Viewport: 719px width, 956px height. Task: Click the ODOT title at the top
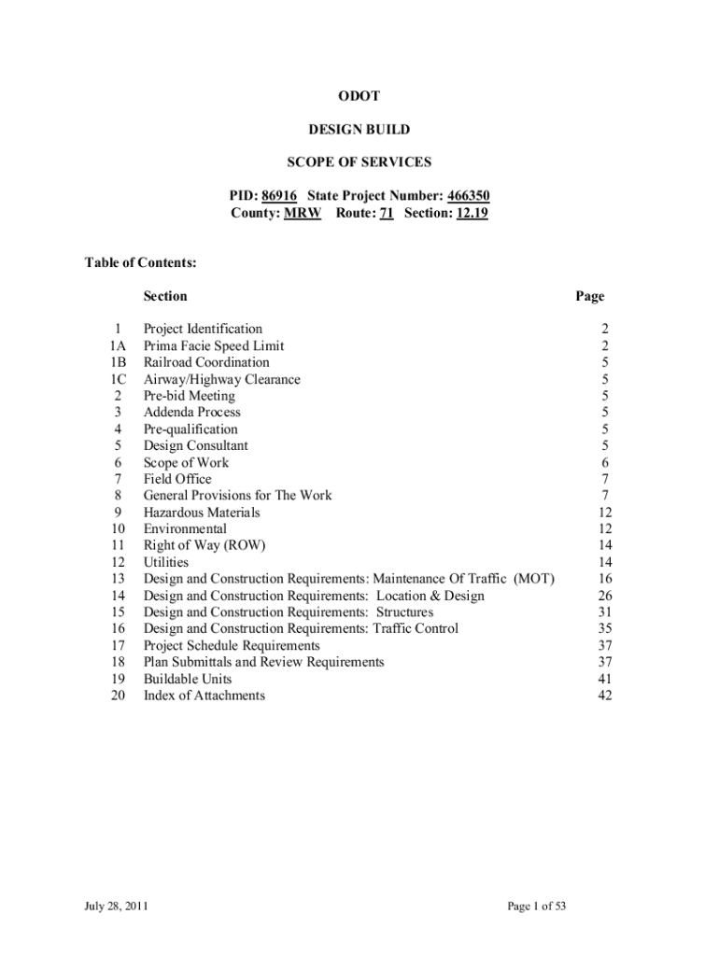[359, 97]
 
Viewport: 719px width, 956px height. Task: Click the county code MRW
[303, 213]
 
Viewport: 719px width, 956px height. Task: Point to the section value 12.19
[472, 213]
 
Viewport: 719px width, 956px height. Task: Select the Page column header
[590, 297]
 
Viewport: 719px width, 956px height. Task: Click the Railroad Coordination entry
[206, 362]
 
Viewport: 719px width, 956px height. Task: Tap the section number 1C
[118, 379]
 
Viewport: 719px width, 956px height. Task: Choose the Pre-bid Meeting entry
[190, 396]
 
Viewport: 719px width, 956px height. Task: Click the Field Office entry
[177, 479]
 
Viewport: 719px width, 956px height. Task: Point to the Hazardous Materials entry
[202, 513]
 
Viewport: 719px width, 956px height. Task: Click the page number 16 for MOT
[604, 579]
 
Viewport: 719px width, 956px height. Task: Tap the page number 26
[604, 596]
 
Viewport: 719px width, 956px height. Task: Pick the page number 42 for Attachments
[604, 696]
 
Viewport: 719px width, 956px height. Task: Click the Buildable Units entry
[188, 679]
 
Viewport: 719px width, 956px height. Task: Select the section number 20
[118, 696]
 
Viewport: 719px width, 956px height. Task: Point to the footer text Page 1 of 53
[537, 907]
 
